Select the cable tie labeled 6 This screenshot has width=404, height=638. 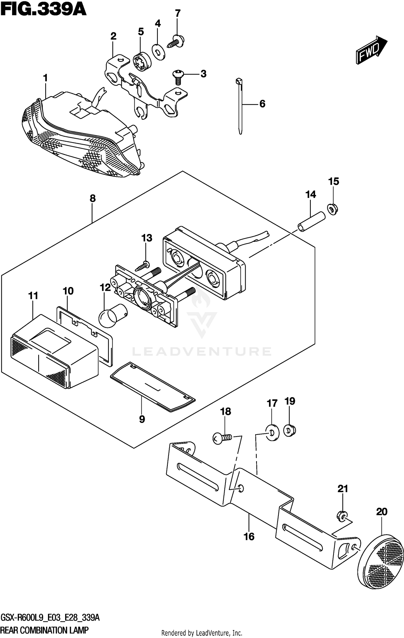[x=240, y=106]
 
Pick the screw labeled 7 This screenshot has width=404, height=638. [x=177, y=41]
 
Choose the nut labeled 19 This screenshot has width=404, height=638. [x=290, y=430]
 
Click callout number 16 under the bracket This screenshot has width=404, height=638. [x=249, y=536]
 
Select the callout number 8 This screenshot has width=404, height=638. [x=92, y=199]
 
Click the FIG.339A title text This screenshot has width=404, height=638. [x=43, y=10]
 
